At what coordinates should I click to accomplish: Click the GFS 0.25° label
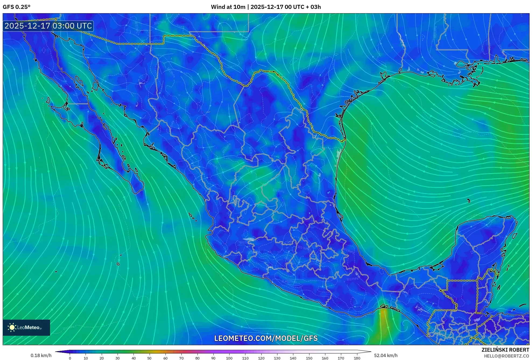point(16,7)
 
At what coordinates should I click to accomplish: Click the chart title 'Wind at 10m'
point(228,7)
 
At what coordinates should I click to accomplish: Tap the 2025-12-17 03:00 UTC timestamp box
point(48,26)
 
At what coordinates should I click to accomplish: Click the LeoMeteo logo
point(26,327)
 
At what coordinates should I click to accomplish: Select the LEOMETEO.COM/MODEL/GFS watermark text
point(266,338)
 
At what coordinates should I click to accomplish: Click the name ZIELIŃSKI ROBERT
point(505,350)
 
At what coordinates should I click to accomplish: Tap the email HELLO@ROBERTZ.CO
point(506,356)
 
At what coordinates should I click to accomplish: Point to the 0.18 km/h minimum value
point(41,355)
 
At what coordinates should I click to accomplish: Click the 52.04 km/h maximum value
point(386,355)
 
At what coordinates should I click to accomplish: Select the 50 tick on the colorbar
point(149,358)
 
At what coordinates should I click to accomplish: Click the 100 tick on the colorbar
point(229,358)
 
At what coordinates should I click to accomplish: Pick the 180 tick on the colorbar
point(357,358)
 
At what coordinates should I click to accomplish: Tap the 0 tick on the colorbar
point(70,358)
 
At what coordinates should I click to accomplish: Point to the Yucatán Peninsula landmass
point(482,242)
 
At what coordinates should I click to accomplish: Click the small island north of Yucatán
point(468,201)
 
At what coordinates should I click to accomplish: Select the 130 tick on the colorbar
point(277,358)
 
